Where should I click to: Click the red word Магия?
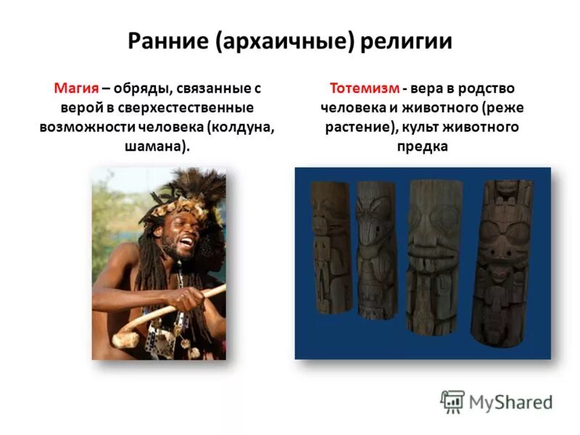[x=76, y=88]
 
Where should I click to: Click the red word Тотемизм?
[x=365, y=88]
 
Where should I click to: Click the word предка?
[x=422, y=146]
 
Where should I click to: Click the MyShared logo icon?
[x=452, y=401]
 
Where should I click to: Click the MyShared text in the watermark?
[x=510, y=402]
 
